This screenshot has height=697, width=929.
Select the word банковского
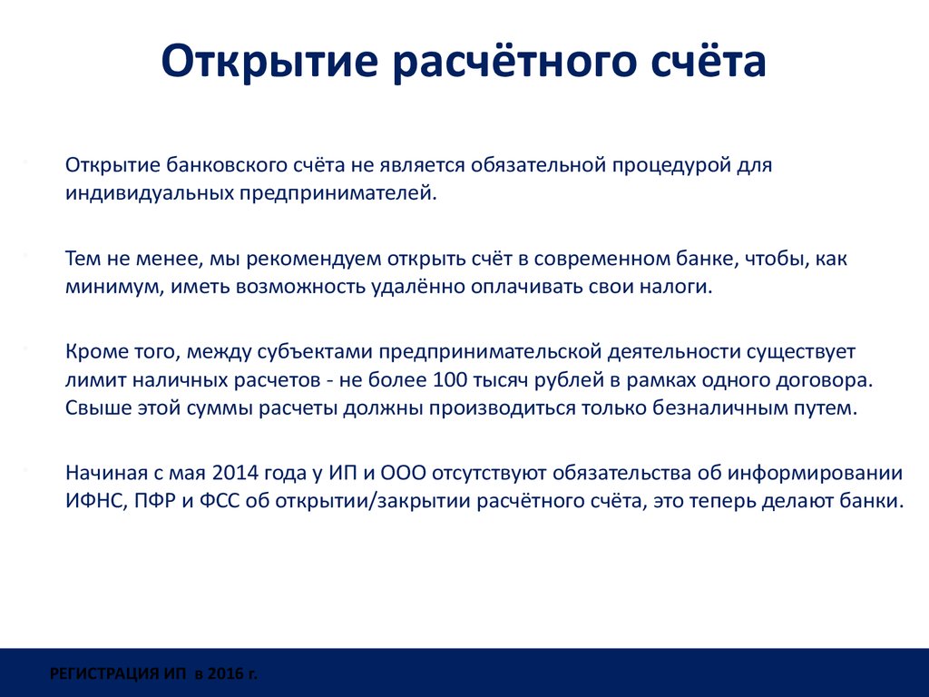click(x=227, y=165)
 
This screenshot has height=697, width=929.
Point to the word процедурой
click(x=670, y=166)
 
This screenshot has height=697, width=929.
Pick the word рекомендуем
click(x=314, y=260)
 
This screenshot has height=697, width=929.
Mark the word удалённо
click(x=418, y=287)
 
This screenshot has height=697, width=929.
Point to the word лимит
click(x=94, y=380)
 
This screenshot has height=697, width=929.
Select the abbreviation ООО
click(x=403, y=473)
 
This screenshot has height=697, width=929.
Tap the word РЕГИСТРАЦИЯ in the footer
click(x=105, y=674)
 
